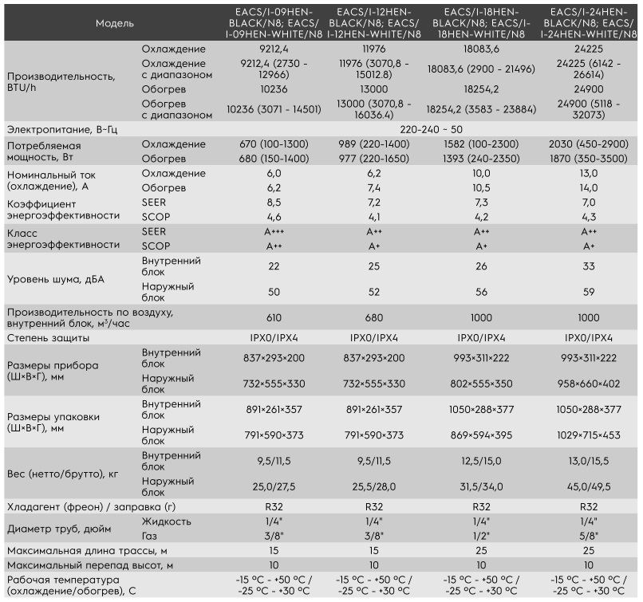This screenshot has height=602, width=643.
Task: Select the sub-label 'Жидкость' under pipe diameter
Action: click(x=166, y=521)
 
